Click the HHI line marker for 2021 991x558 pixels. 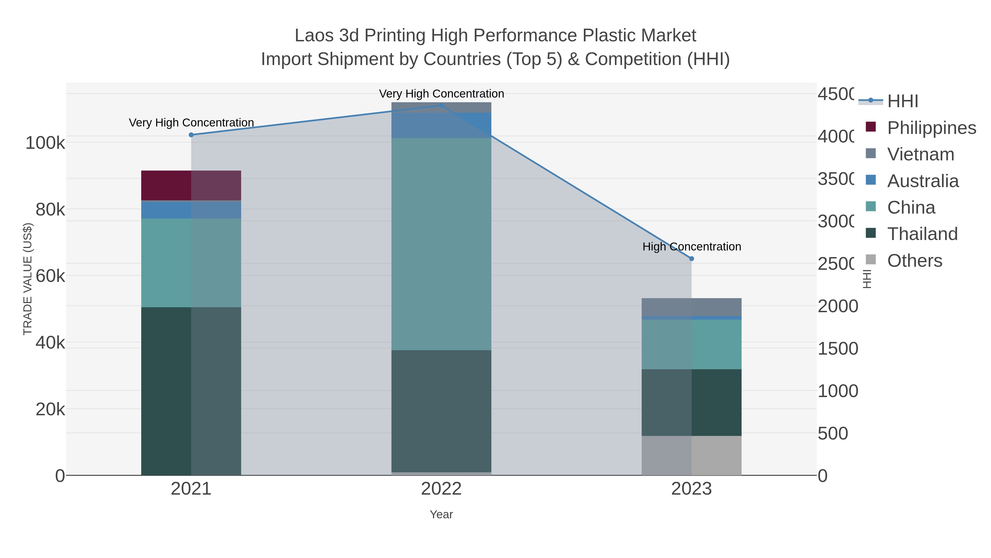click(191, 135)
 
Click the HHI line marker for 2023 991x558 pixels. click(691, 259)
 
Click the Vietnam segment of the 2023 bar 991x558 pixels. click(691, 307)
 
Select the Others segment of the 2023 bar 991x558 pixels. click(691, 455)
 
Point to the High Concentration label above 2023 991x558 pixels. click(691, 246)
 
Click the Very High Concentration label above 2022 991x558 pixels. click(441, 94)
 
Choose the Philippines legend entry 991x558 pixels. click(931, 128)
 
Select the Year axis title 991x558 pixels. click(441, 514)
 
